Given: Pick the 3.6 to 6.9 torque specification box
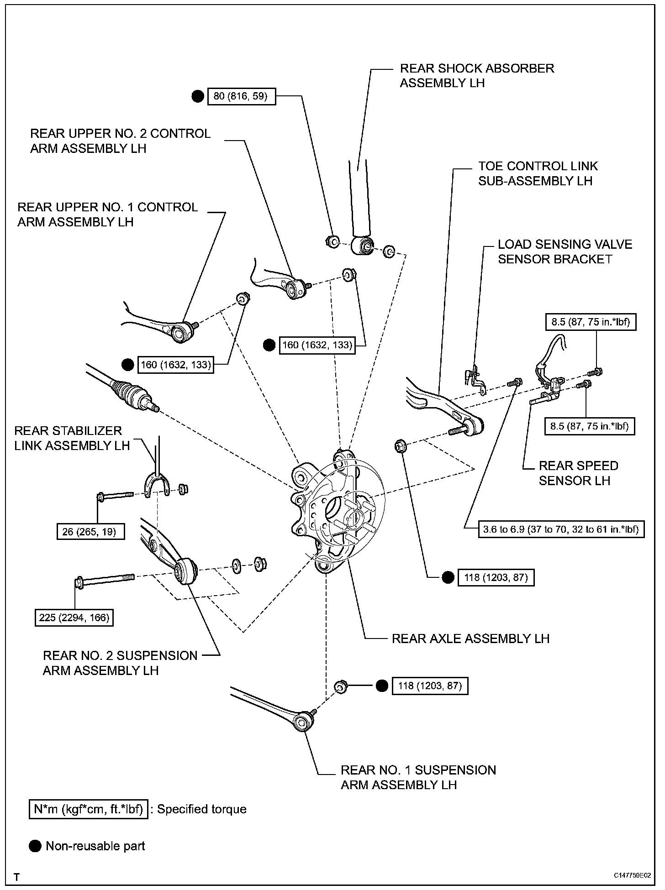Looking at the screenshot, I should tap(561, 529).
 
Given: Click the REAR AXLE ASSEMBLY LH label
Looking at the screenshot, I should tap(470, 639).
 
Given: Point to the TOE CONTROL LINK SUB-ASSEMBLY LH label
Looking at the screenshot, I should tap(538, 173).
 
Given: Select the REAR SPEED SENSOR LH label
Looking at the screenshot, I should tap(578, 473).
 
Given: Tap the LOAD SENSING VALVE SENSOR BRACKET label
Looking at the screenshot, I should tap(565, 251).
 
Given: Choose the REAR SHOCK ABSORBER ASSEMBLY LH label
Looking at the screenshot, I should tap(477, 76).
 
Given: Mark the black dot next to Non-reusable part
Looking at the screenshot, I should tap(35, 846).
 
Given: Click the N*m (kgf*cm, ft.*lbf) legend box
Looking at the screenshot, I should tap(88, 809).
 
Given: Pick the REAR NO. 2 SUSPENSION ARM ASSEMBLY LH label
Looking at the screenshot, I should tap(120, 663).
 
